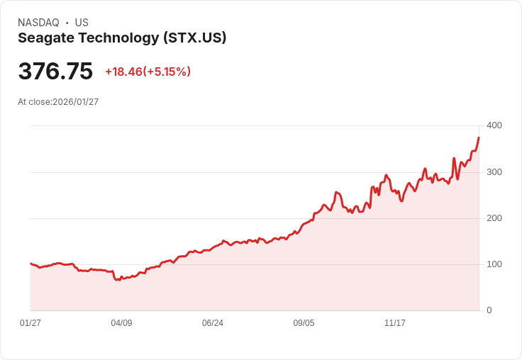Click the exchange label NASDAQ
pyautogui.click(x=38, y=23)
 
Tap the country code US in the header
pyautogui.click(x=82, y=23)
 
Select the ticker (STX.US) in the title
pyautogui.click(x=194, y=38)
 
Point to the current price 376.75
pyautogui.click(x=55, y=72)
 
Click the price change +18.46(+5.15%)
pyautogui.click(x=148, y=72)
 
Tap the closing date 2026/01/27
pyautogui.click(x=75, y=102)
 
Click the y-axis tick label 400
pyautogui.click(x=494, y=125)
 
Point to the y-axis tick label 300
pyautogui.click(x=494, y=172)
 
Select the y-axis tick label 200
pyautogui.click(x=494, y=218)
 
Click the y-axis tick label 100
pyautogui.click(x=494, y=264)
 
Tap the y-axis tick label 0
pyautogui.click(x=489, y=310)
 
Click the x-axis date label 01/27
pyautogui.click(x=30, y=323)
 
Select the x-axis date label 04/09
pyautogui.click(x=121, y=323)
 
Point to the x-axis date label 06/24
pyautogui.click(x=213, y=323)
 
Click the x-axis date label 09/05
pyautogui.click(x=304, y=323)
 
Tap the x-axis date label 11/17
pyautogui.click(x=395, y=323)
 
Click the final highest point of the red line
pyautogui.click(x=479, y=137)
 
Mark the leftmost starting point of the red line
pyautogui.click(x=30, y=264)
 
